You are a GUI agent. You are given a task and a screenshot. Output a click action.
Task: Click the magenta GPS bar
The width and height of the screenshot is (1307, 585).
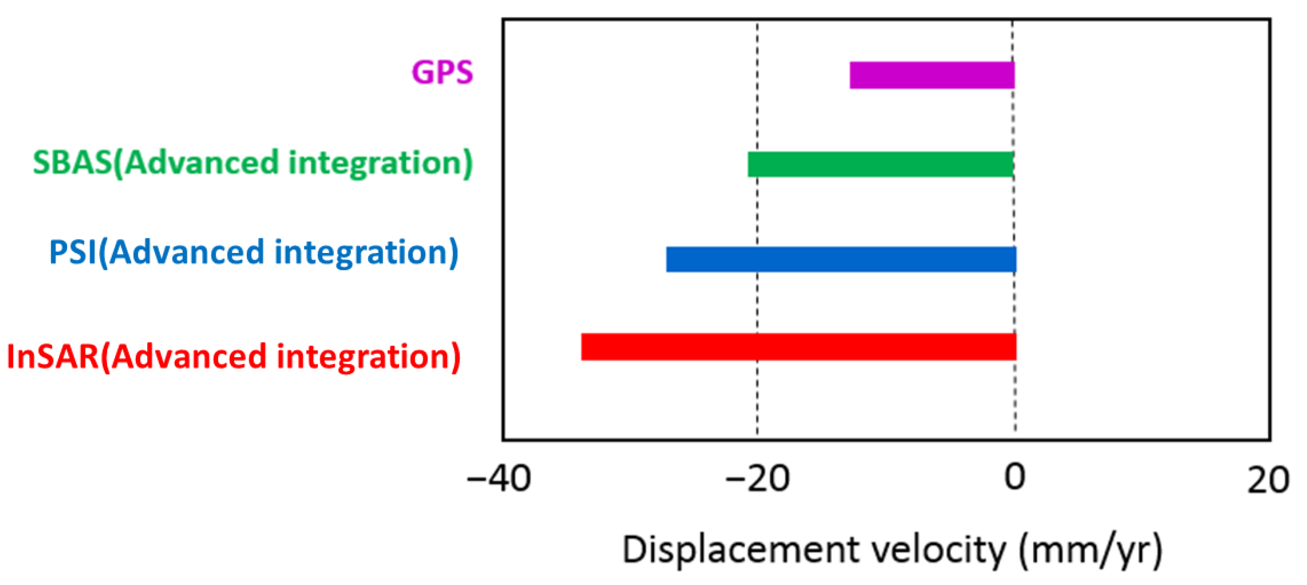tap(932, 75)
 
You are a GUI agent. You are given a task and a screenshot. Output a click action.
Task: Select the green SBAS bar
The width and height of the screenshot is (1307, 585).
tap(881, 164)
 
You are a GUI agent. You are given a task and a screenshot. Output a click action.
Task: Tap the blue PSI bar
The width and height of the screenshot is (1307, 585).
tap(841, 259)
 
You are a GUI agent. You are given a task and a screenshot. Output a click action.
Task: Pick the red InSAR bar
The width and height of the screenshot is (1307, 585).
tap(798, 347)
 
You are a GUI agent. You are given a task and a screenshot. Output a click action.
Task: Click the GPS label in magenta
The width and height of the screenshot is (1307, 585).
tap(442, 72)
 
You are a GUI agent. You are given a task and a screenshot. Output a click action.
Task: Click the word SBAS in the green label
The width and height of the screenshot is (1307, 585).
tap(72, 162)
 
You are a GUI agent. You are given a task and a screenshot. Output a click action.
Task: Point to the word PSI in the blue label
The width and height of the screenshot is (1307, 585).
tap(72, 252)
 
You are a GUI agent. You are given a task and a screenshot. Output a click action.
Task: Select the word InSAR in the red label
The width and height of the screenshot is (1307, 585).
tap(53, 356)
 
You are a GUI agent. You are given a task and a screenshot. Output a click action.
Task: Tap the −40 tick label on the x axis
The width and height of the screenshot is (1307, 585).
tap(499, 479)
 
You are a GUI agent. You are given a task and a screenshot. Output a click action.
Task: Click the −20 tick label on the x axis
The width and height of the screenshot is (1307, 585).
tap(757, 479)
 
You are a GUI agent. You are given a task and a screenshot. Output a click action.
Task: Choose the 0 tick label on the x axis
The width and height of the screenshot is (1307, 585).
tap(1015, 477)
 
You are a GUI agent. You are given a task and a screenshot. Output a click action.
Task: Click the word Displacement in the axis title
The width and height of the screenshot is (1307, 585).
tap(740, 550)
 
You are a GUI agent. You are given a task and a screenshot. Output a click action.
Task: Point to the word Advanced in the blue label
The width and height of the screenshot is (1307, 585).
tap(187, 252)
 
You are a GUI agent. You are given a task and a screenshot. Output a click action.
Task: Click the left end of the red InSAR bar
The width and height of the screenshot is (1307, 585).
tap(584, 347)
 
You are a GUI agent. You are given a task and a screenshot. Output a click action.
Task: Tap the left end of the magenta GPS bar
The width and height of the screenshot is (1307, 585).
tap(852, 75)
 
